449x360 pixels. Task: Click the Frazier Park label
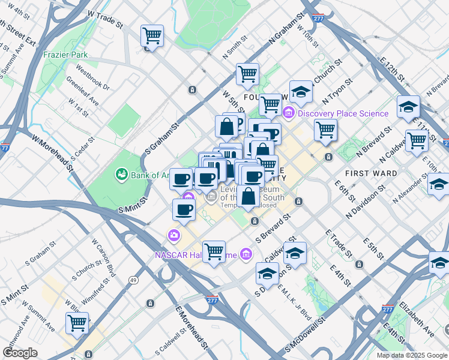[66, 55]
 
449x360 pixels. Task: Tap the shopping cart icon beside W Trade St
[152, 35]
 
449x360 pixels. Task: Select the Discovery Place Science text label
[343, 113]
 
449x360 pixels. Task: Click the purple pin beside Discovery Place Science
[289, 113]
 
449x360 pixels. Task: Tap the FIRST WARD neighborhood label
[371, 173]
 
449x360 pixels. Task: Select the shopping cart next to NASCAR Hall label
[214, 252]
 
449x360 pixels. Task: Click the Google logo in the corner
[20, 353]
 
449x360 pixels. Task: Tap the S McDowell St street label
[306, 335]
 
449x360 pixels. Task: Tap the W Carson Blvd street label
[103, 254]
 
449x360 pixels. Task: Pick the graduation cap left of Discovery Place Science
[301, 92]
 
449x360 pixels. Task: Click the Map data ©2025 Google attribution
[412, 355]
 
